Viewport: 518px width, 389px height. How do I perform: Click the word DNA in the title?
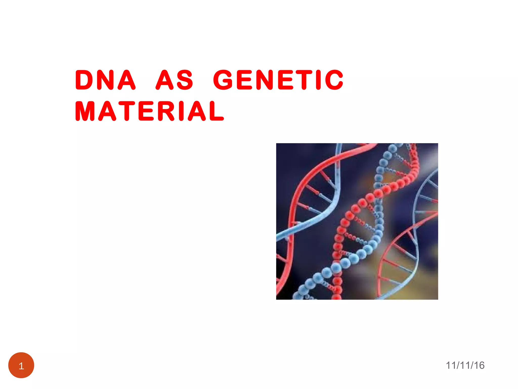(105, 80)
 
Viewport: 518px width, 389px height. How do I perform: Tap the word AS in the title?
(175, 80)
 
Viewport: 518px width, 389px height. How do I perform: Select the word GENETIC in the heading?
(278, 80)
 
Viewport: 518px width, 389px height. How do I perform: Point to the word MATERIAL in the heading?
(149, 111)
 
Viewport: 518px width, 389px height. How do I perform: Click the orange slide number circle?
(21, 365)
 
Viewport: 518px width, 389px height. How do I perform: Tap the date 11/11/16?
(465, 365)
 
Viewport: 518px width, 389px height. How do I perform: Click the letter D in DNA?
(84, 80)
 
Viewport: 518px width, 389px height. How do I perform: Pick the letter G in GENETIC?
(224, 80)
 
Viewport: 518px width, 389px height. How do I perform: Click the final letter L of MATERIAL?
(217, 111)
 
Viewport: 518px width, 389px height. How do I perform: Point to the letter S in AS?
(185, 80)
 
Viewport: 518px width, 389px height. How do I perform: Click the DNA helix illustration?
(357, 221)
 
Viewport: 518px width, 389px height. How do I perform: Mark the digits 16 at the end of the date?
(479, 365)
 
